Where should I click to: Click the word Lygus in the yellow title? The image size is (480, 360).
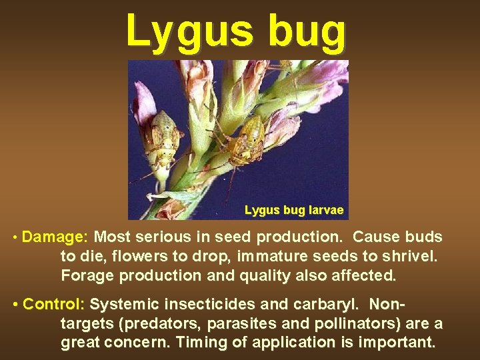pyautogui.click(x=187, y=32)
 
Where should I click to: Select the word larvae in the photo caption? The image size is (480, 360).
pyautogui.click(x=326, y=211)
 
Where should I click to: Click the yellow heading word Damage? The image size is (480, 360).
pyautogui.click(x=56, y=237)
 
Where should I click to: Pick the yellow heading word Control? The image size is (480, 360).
pyautogui.click(x=54, y=305)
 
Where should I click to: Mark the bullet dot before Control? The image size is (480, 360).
pyautogui.click(x=15, y=305)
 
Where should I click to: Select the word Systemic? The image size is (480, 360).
pyautogui.click(x=121, y=305)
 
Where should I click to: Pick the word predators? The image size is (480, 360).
pyautogui.click(x=163, y=323)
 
